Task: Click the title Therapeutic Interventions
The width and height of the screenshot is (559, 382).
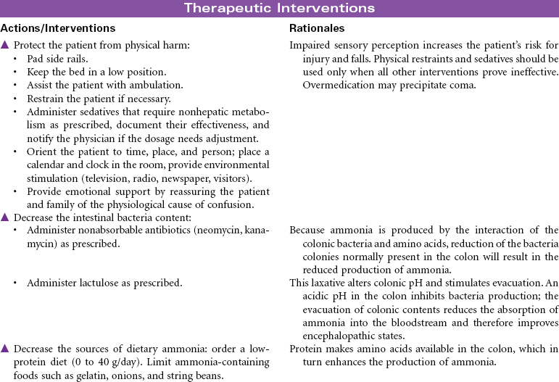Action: coord(279,8)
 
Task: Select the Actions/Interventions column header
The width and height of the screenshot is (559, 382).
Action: coord(57,28)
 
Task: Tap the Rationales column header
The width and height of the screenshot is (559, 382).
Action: coord(317,28)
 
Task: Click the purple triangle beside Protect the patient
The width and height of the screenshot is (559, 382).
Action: coord(5,45)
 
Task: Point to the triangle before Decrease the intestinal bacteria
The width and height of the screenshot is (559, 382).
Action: coord(5,217)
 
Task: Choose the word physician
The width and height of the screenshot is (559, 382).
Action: coord(95,138)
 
